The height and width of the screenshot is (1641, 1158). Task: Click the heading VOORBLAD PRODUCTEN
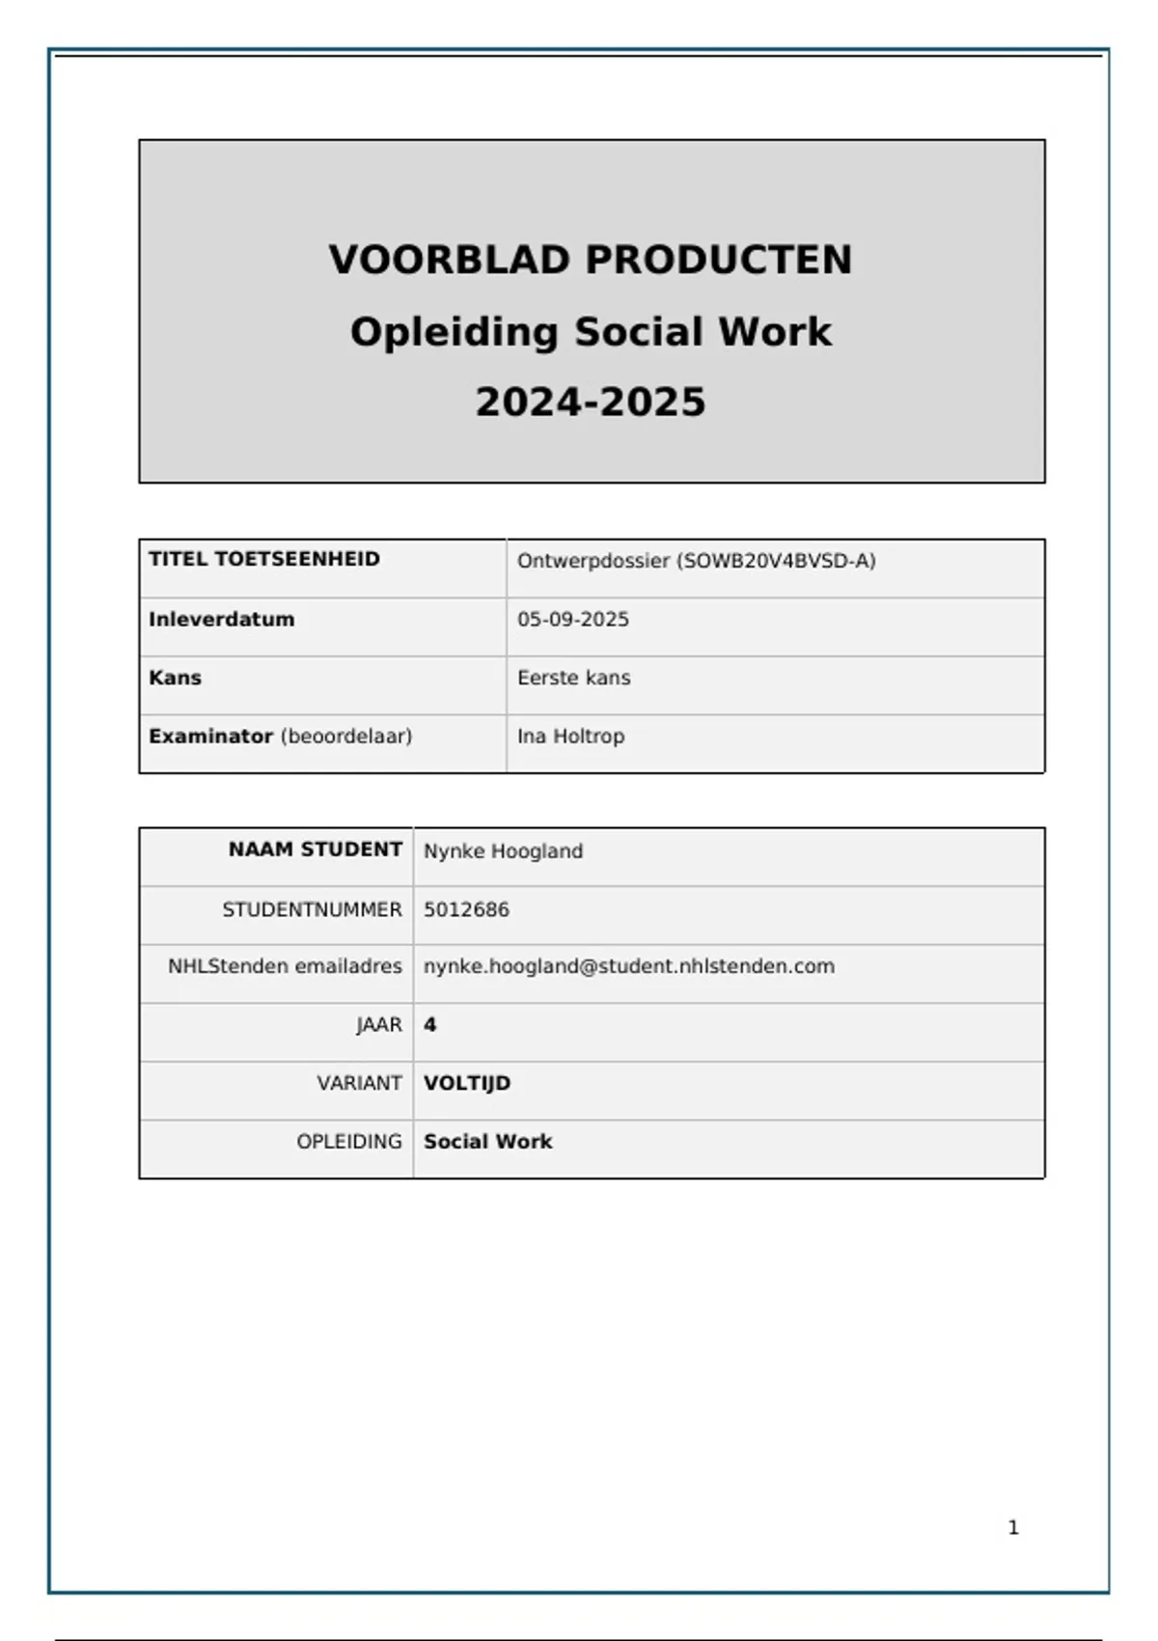[591, 260]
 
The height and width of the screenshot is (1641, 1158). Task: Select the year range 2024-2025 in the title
[591, 402]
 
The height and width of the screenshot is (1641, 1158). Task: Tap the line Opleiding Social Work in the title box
[591, 332]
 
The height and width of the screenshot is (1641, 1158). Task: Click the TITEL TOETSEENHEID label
[264, 559]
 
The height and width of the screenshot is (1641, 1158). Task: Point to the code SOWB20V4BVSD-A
[778, 561]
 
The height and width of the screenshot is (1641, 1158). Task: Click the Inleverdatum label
[221, 619]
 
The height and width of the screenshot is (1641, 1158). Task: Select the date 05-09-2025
[573, 619]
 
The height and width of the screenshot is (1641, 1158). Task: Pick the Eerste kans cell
[574, 678]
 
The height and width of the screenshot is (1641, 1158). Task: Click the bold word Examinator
[210, 736]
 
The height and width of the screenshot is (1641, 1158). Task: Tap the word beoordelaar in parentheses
[346, 737]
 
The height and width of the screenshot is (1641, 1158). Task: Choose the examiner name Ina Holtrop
[571, 736]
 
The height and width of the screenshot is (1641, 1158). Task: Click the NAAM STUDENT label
[315, 849]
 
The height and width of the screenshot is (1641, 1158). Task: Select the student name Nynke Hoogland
[503, 851]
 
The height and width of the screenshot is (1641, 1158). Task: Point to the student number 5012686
[466, 909]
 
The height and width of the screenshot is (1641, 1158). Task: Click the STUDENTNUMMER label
[312, 909]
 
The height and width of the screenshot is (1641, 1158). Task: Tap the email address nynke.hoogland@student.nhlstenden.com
[629, 966]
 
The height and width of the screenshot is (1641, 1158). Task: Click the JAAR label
[379, 1025]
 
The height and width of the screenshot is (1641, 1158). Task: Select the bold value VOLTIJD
[467, 1083]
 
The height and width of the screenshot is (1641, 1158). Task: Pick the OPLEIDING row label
[349, 1141]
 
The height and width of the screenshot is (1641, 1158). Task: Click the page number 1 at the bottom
[1013, 1527]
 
